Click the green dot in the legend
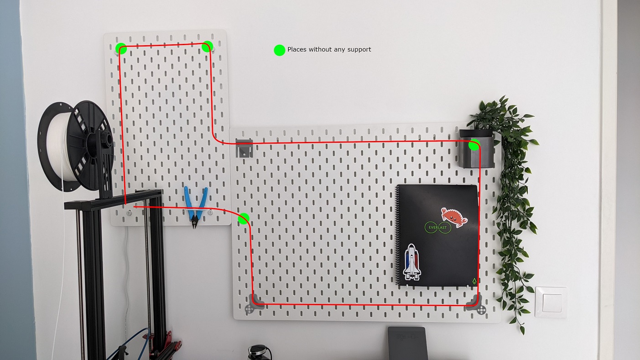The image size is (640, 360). [280, 50]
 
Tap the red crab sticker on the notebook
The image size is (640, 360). [454, 217]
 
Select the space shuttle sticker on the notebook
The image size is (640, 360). [412, 262]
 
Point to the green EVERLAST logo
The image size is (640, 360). [438, 228]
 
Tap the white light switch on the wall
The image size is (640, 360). [551, 303]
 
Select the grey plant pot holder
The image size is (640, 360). [477, 149]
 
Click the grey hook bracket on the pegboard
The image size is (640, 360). [244, 148]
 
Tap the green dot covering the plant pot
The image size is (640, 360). [474, 145]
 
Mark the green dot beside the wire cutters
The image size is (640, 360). [244, 219]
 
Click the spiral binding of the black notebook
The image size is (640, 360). [398, 236]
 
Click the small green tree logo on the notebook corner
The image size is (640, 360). [474, 281]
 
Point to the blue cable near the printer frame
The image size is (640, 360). [129, 343]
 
